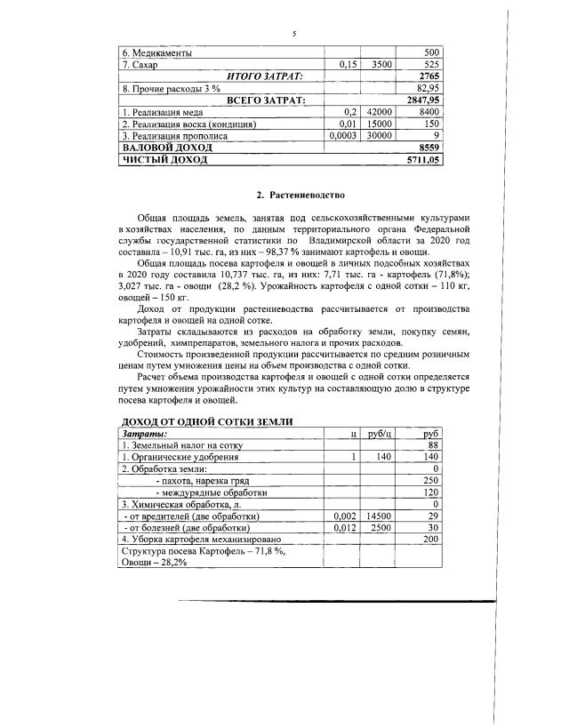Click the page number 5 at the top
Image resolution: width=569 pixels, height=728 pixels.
[x=293, y=33]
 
